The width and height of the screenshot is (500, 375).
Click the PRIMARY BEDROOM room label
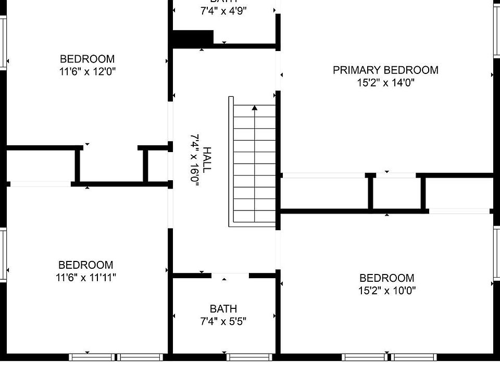click(x=385, y=70)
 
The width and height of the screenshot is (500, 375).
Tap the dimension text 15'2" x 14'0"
click(x=385, y=82)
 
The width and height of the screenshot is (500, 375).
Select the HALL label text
click(x=207, y=159)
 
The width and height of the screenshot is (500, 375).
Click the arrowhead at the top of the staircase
click(x=255, y=108)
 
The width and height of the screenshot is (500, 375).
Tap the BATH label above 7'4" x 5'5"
click(x=223, y=309)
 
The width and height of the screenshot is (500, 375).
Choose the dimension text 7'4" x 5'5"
click(x=223, y=321)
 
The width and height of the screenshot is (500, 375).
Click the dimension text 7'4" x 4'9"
click(x=223, y=11)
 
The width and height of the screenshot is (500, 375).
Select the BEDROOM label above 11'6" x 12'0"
click(x=87, y=59)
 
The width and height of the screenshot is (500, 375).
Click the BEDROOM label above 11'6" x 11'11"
click(x=85, y=265)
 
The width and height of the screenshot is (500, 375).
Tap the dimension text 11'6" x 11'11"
click(x=85, y=277)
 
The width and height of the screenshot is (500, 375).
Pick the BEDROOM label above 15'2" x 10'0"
click(x=387, y=278)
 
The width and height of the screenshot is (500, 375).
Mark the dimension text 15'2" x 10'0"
click(x=387, y=291)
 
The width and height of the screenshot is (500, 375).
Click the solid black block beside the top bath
click(x=193, y=38)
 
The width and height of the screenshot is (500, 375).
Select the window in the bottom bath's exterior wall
click(x=249, y=357)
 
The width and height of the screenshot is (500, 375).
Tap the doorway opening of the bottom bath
click(x=230, y=276)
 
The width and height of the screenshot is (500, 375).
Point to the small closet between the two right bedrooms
click(x=397, y=193)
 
